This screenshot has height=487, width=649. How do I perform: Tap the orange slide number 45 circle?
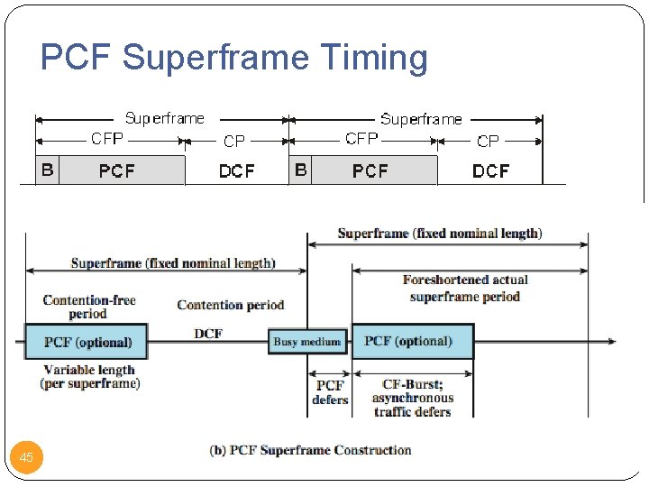pyautogui.click(x=26, y=457)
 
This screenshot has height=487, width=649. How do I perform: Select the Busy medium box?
pyautogui.click(x=307, y=341)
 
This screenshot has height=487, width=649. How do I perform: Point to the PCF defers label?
pyautogui.click(x=330, y=392)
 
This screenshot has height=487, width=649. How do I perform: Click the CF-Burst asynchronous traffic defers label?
pyautogui.click(x=412, y=398)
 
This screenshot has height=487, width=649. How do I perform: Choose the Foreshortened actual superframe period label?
pyautogui.click(x=465, y=288)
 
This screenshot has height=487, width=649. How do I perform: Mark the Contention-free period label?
pyautogui.click(x=88, y=307)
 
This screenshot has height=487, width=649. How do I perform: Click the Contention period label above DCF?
pyautogui.click(x=231, y=305)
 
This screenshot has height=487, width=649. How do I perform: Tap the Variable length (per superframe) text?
pyautogui.click(x=89, y=376)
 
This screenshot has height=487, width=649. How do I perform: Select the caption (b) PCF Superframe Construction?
pyautogui.click(x=310, y=449)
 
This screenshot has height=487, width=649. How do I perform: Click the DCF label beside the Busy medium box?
pyautogui.click(x=208, y=334)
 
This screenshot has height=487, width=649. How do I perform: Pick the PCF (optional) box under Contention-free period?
pyautogui.click(x=87, y=342)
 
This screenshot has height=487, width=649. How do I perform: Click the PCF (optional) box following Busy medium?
pyautogui.click(x=412, y=341)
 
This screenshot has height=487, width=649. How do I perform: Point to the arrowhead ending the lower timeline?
pyautogui.click(x=612, y=341)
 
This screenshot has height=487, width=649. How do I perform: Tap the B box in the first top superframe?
pyautogui.click(x=47, y=170)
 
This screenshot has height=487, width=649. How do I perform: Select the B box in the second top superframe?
pyautogui.click(x=301, y=170)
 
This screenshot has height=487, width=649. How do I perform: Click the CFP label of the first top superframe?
pyautogui.click(x=107, y=139)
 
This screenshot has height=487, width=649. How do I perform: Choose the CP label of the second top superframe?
pyautogui.click(x=488, y=141)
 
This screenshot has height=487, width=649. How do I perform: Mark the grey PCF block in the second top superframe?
pyautogui.click(x=370, y=170)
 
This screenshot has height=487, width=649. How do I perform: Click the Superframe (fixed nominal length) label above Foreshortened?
pyautogui.click(x=440, y=234)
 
